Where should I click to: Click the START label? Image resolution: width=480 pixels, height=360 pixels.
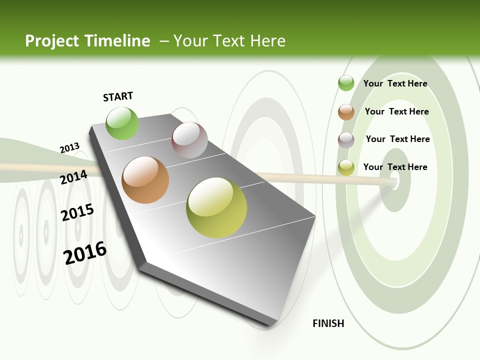pyautogui.click(x=118, y=96)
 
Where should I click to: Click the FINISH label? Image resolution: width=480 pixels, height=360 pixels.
pyautogui.click(x=328, y=323)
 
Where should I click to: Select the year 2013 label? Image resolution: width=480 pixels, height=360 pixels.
pyautogui.click(x=69, y=148)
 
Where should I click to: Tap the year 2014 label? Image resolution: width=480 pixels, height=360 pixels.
pyautogui.click(x=73, y=177)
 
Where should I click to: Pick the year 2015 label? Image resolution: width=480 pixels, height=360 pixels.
pyautogui.click(x=77, y=212)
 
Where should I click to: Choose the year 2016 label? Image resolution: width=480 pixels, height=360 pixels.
pyautogui.click(x=85, y=252)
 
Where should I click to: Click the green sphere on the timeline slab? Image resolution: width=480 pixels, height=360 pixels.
pyautogui.click(x=122, y=123)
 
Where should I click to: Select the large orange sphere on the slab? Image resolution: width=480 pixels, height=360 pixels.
pyautogui.click(x=145, y=180)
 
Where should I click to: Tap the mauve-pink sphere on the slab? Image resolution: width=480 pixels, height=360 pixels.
pyautogui.click(x=189, y=140)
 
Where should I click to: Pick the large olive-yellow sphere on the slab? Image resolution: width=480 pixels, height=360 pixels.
pyautogui.click(x=216, y=207)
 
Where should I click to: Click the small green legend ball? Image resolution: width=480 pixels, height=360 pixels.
pyautogui.click(x=346, y=83)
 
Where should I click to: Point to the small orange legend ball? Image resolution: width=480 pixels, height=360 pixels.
pyautogui.click(x=346, y=112)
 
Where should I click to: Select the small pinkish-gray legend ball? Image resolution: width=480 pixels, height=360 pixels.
pyautogui.click(x=346, y=140)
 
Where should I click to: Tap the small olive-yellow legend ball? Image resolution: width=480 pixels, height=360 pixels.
pyautogui.click(x=346, y=167)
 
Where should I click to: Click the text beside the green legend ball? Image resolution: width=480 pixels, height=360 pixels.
pyautogui.click(x=395, y=83)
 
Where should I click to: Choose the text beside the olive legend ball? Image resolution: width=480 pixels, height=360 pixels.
pyautogui.click(x=395, y=167)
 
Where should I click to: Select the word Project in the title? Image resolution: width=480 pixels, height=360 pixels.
pyautogui.click(x=51, y=41)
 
